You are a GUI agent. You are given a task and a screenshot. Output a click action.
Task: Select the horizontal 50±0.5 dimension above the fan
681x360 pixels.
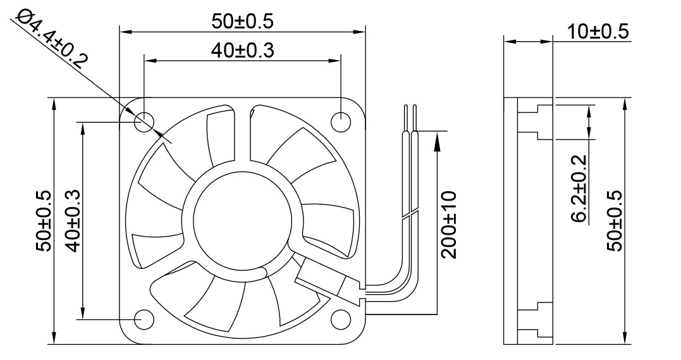tap(242, 21)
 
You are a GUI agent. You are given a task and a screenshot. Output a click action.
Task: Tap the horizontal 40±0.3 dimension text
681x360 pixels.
tap(242, 51)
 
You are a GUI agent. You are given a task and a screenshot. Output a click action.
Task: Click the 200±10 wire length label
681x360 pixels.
tap(448, 224)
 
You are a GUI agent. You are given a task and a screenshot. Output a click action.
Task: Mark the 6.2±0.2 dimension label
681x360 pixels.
tap(579, 189)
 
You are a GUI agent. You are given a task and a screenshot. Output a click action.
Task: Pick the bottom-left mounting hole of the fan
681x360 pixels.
tap(145, 319)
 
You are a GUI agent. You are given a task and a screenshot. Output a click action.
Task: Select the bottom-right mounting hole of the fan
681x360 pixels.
tap(341, 319)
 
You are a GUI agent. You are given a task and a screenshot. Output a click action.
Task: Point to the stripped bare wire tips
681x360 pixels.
tap(410, 117)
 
